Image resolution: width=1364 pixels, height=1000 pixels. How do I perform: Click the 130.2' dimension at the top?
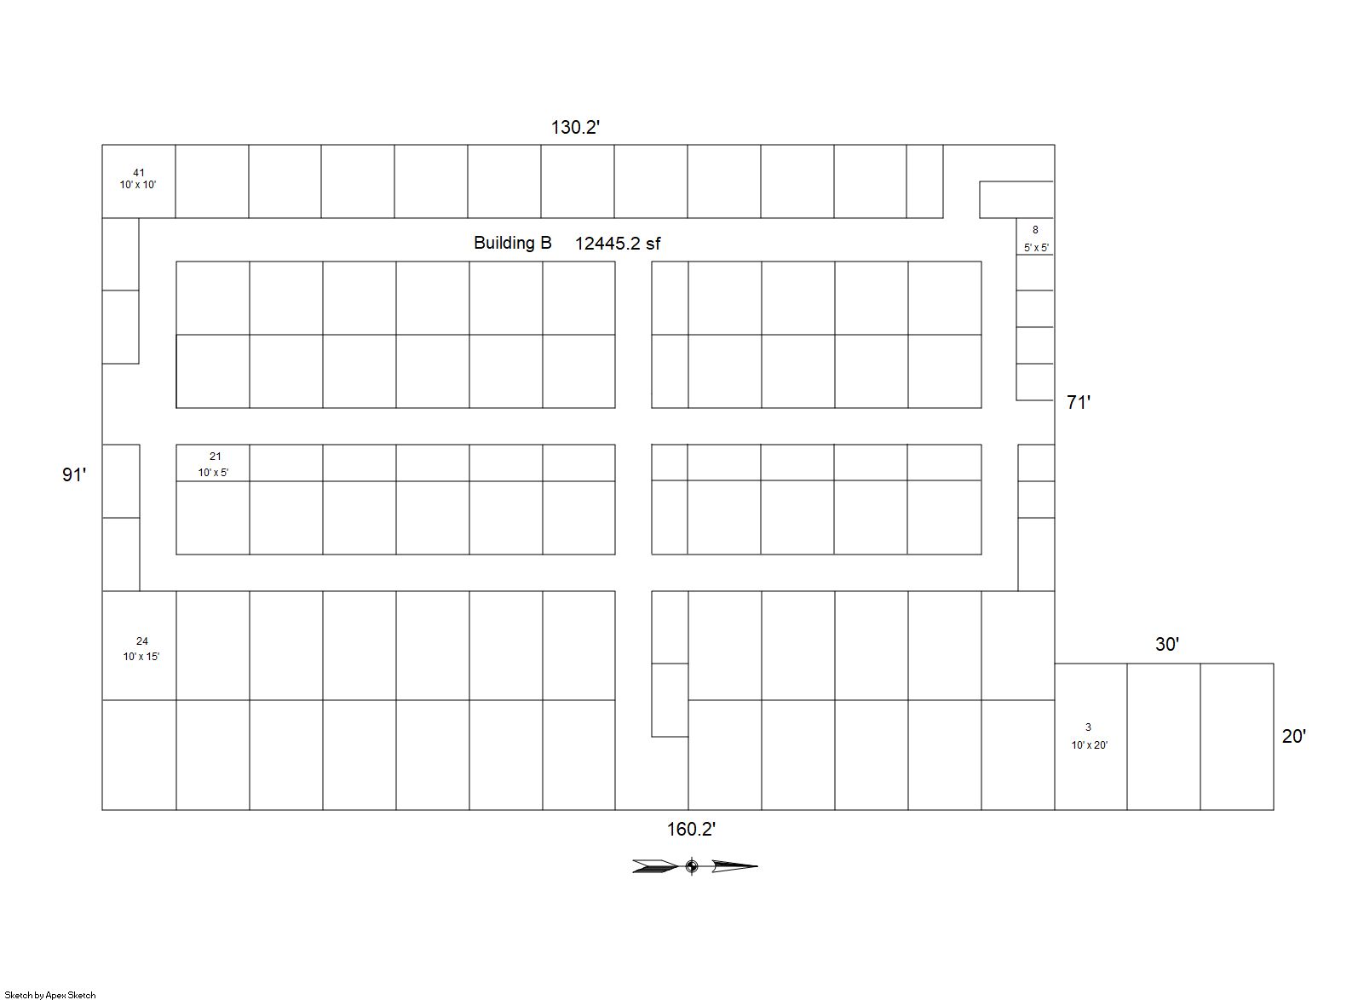tap(575, 127)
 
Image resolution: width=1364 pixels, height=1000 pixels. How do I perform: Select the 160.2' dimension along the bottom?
tap(691, 829)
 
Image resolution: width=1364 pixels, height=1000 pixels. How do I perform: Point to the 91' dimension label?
tap(74, 474)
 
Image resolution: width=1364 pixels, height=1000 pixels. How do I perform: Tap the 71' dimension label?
tap(1079, 402)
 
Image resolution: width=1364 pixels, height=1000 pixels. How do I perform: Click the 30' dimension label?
tap(1167, 644)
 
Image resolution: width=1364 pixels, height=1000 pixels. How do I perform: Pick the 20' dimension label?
tap(1294, 737)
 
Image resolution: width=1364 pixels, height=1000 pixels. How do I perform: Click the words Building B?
tap(513, 243)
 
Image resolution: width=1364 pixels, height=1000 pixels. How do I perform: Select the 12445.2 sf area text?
tap(618, 244)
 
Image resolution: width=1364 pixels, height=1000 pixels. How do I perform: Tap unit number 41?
tap(139, 173)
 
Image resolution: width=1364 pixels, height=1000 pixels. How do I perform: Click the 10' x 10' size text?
tap(138, 185)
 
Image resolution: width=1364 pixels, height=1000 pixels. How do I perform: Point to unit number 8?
tap(1035, 230)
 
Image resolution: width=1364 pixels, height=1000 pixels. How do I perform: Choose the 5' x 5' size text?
tap(1036, 248)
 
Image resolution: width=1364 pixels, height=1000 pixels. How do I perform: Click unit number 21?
tap(215, 457)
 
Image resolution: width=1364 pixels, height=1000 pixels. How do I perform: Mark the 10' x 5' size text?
tap(213, 472)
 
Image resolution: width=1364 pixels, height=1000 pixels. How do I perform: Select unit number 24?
tap(142, 641)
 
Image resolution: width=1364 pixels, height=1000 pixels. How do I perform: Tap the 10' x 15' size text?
tap(141, 656)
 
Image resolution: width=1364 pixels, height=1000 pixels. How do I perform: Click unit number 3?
tap(1088, 727)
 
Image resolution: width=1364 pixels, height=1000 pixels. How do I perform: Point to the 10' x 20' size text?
tap(1090, 745)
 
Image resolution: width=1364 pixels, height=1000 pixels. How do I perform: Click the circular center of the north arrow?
tap(692, 866)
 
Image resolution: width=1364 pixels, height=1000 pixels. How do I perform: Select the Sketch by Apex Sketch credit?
tap(50, 995)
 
